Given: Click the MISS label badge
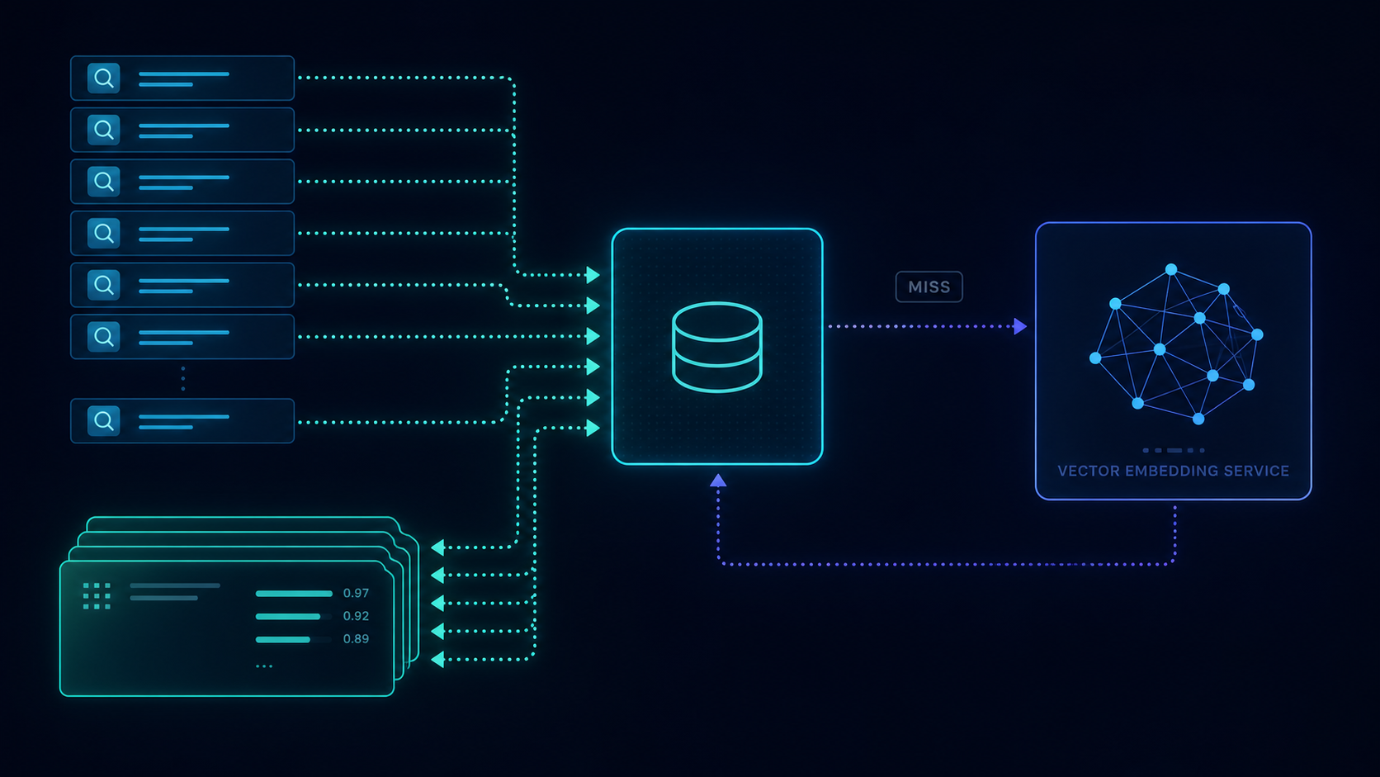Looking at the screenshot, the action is click(x=929, y=287).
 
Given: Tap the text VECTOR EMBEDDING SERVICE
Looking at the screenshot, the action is click(x=1173, y=471).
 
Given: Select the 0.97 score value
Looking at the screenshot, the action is click(x=356, y=594).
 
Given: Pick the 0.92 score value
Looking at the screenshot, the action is click(x=356, y=616).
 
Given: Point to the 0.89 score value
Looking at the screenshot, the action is click(x=356, y=639).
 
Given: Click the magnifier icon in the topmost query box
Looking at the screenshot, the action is click(x=103, y=78).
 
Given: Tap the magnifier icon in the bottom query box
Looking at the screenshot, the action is click(x=103, y=421).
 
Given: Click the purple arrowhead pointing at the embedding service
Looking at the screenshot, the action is click(x=1020, y=326).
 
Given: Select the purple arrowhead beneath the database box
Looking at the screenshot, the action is click(x=718, y=481).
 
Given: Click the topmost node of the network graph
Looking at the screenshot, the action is click(x=1171, y=269).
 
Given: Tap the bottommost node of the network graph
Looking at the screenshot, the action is click(x=1198, y=419).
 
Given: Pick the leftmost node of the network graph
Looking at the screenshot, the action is click(x=1095, y=358).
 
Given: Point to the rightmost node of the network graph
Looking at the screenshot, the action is click(x=1257, y=334).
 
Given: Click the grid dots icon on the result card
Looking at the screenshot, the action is click(x=97, y=596).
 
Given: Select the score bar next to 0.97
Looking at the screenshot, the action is click(x=294, y=594).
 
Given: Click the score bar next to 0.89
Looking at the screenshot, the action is click(x=283, y=640).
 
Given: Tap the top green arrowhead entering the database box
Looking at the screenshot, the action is click(x=593, y=275).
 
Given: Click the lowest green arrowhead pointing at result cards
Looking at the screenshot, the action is click(x=438, y=659).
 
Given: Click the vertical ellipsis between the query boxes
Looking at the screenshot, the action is click(x=183, y=378).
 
